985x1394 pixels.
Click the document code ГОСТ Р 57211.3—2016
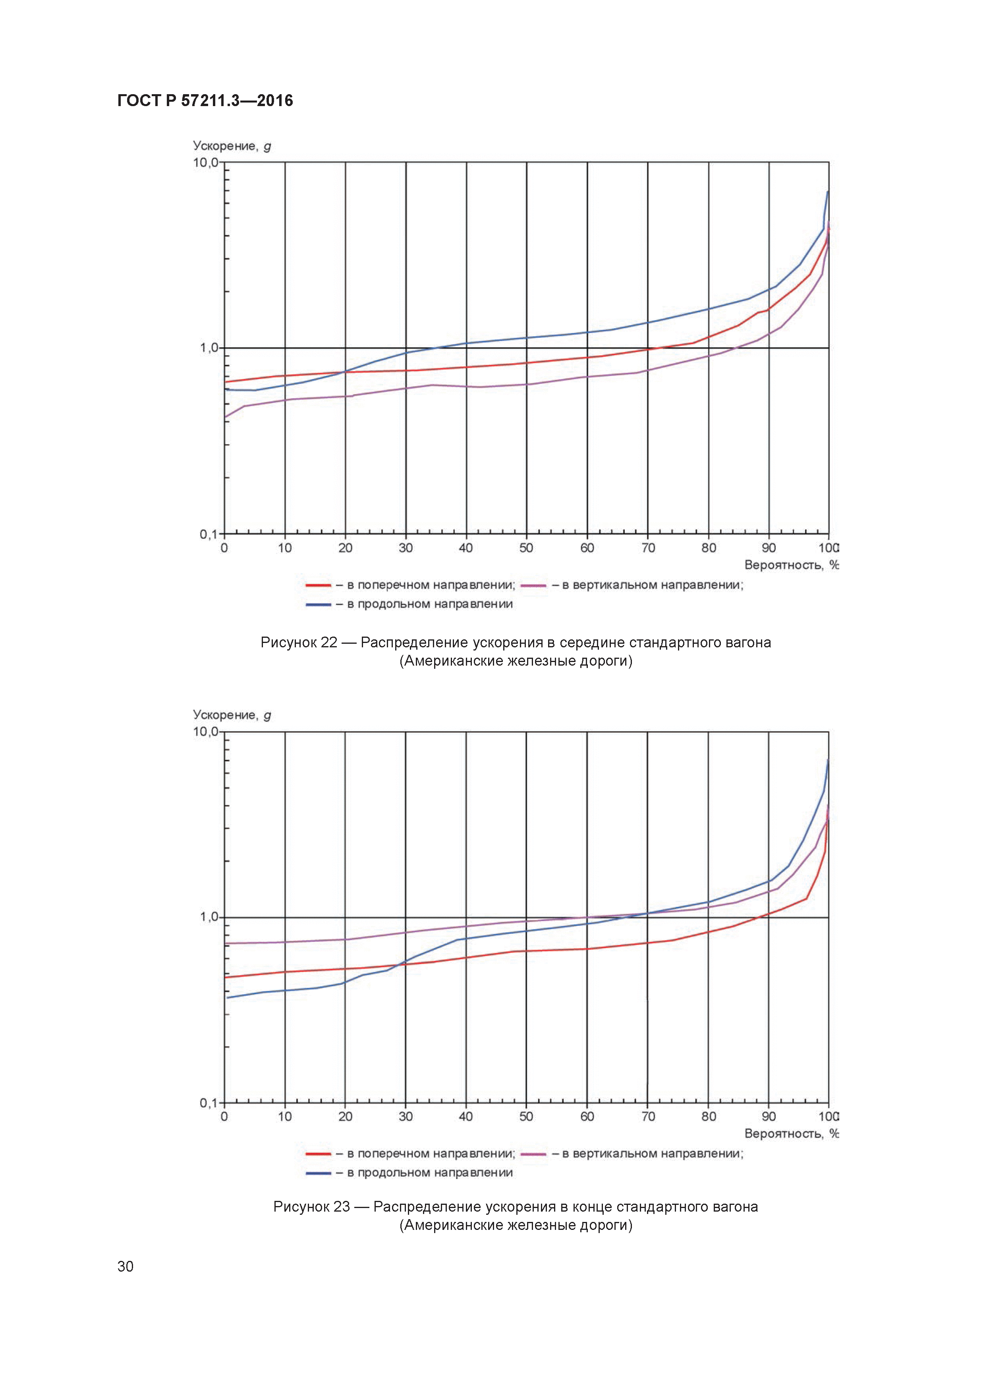tap(205, 101)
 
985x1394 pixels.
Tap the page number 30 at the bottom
tap(125, 1266)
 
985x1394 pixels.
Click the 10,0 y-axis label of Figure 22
tap(206, 163)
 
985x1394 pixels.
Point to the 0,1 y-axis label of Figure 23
tap(208, 1103)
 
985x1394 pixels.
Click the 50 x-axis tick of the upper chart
tap(526, 548)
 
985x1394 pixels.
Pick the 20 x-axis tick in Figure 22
tap(345, 548)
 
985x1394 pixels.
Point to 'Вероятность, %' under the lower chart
tap(791, 1134)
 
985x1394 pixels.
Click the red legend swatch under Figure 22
tap(318, 585)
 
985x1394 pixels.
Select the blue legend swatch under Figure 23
tap(318, 1173)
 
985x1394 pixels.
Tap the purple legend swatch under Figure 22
tap(533, 585)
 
